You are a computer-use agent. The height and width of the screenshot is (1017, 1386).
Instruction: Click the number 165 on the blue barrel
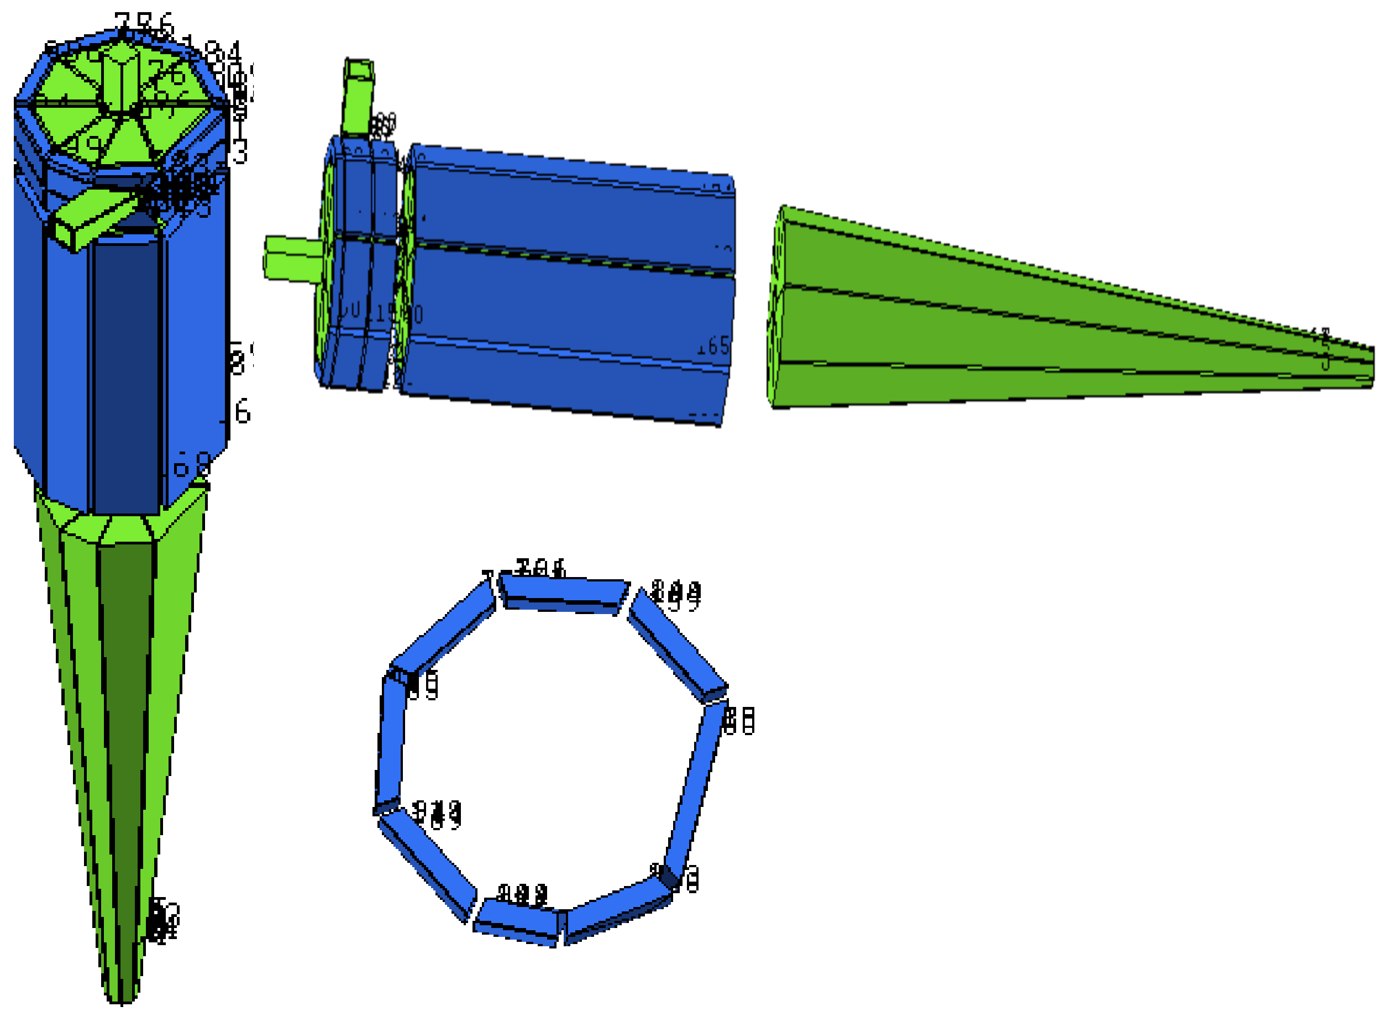tap(712, 347)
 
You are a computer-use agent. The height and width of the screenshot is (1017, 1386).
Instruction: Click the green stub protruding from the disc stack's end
tap(291, 259)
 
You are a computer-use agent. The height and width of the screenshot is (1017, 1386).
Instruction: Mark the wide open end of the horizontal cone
tap(776, 308)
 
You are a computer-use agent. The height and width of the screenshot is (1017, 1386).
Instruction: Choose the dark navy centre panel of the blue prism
tap(125, 375)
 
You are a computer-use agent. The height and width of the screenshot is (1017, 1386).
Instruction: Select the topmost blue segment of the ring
tap(561, 594)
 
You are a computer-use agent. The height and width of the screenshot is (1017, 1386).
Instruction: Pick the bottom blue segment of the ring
tap(517, 924)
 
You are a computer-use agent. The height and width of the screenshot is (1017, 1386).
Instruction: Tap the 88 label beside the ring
tap(738, 720)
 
